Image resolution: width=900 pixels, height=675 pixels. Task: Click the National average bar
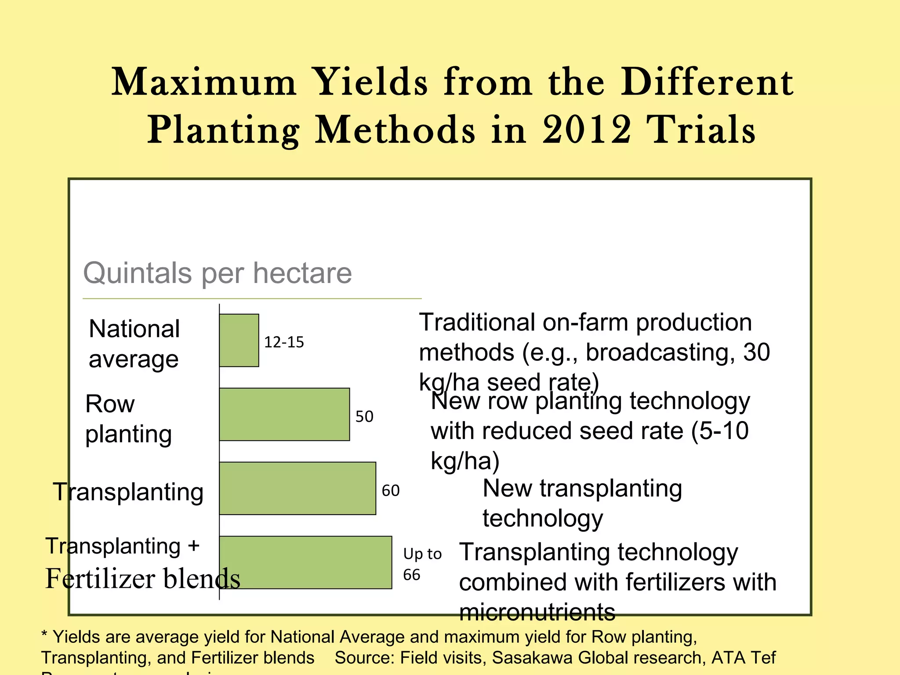pos(239,340)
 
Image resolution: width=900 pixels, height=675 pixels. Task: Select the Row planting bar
pos(284,414)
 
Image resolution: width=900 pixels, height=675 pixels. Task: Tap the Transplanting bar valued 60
pos(298,488)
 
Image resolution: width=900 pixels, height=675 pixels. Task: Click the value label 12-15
pos(284,342)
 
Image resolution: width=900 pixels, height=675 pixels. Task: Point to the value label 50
pos(364,416)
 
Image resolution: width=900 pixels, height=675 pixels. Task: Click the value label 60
pos(390,490)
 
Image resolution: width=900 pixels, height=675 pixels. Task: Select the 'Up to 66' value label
pos(421,564)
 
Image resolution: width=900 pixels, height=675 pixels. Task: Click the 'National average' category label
pos(134,344)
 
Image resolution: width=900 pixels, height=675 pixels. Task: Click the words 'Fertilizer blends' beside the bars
pos(143,578)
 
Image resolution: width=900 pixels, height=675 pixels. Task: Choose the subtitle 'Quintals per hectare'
pos(218,273)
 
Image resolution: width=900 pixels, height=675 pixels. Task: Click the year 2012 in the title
pos(586,130)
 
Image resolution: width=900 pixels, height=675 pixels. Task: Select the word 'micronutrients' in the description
pos(537,612)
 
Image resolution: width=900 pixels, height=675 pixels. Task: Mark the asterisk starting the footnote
pos(44,634)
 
